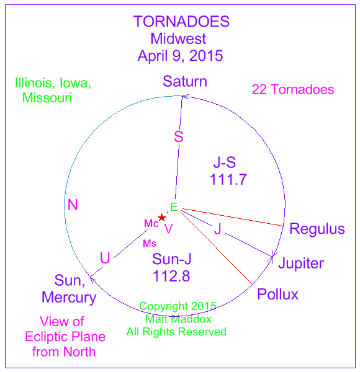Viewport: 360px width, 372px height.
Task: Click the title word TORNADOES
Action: click(181, 21)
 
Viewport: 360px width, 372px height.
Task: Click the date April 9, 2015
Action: click(180, 56)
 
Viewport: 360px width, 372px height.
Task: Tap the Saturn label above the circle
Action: click(185, 81)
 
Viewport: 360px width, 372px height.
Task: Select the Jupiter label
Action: click(301, 263)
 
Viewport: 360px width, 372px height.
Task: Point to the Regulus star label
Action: click(317, 229)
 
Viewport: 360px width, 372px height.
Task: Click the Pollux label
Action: click(277, 294)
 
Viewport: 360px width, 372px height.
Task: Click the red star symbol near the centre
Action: click(162, 218)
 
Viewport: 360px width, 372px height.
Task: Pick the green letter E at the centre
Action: click(174, 207)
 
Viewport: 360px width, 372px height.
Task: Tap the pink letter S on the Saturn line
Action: click(179, 136)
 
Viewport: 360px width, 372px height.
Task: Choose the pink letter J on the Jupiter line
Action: click(218, 229)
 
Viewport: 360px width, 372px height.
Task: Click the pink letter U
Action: click(105, 258)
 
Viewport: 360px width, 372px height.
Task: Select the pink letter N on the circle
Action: click(73, 205)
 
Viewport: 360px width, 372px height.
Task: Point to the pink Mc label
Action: click(151, 223)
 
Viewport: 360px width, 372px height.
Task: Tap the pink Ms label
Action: click(150, 244)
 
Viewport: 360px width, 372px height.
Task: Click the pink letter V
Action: click(168, 229)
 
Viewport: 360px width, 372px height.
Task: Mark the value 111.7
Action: click(228, 179)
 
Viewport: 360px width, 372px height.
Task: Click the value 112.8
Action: click(171, 276)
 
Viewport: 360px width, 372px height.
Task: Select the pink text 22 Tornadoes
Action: click(293, 89)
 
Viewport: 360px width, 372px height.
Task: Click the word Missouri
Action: click(47, 97)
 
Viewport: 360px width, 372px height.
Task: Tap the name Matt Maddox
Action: click(178, 319)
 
